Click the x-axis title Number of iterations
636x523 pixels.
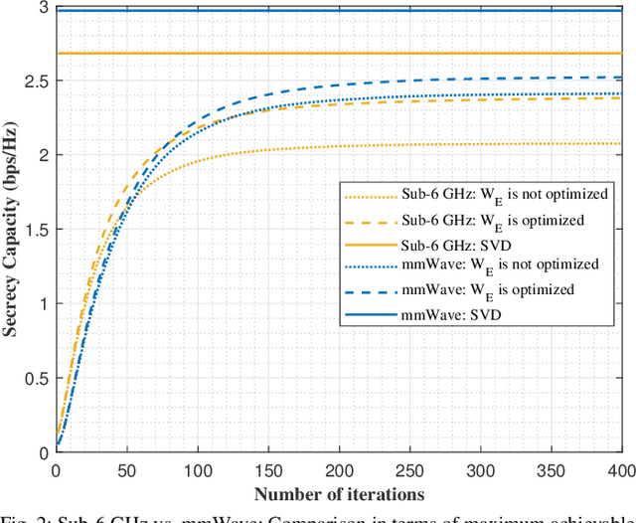[x=339, y=493]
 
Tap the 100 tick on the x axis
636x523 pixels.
[x=197, y=468]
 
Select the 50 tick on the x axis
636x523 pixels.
[x=126, y=468]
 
